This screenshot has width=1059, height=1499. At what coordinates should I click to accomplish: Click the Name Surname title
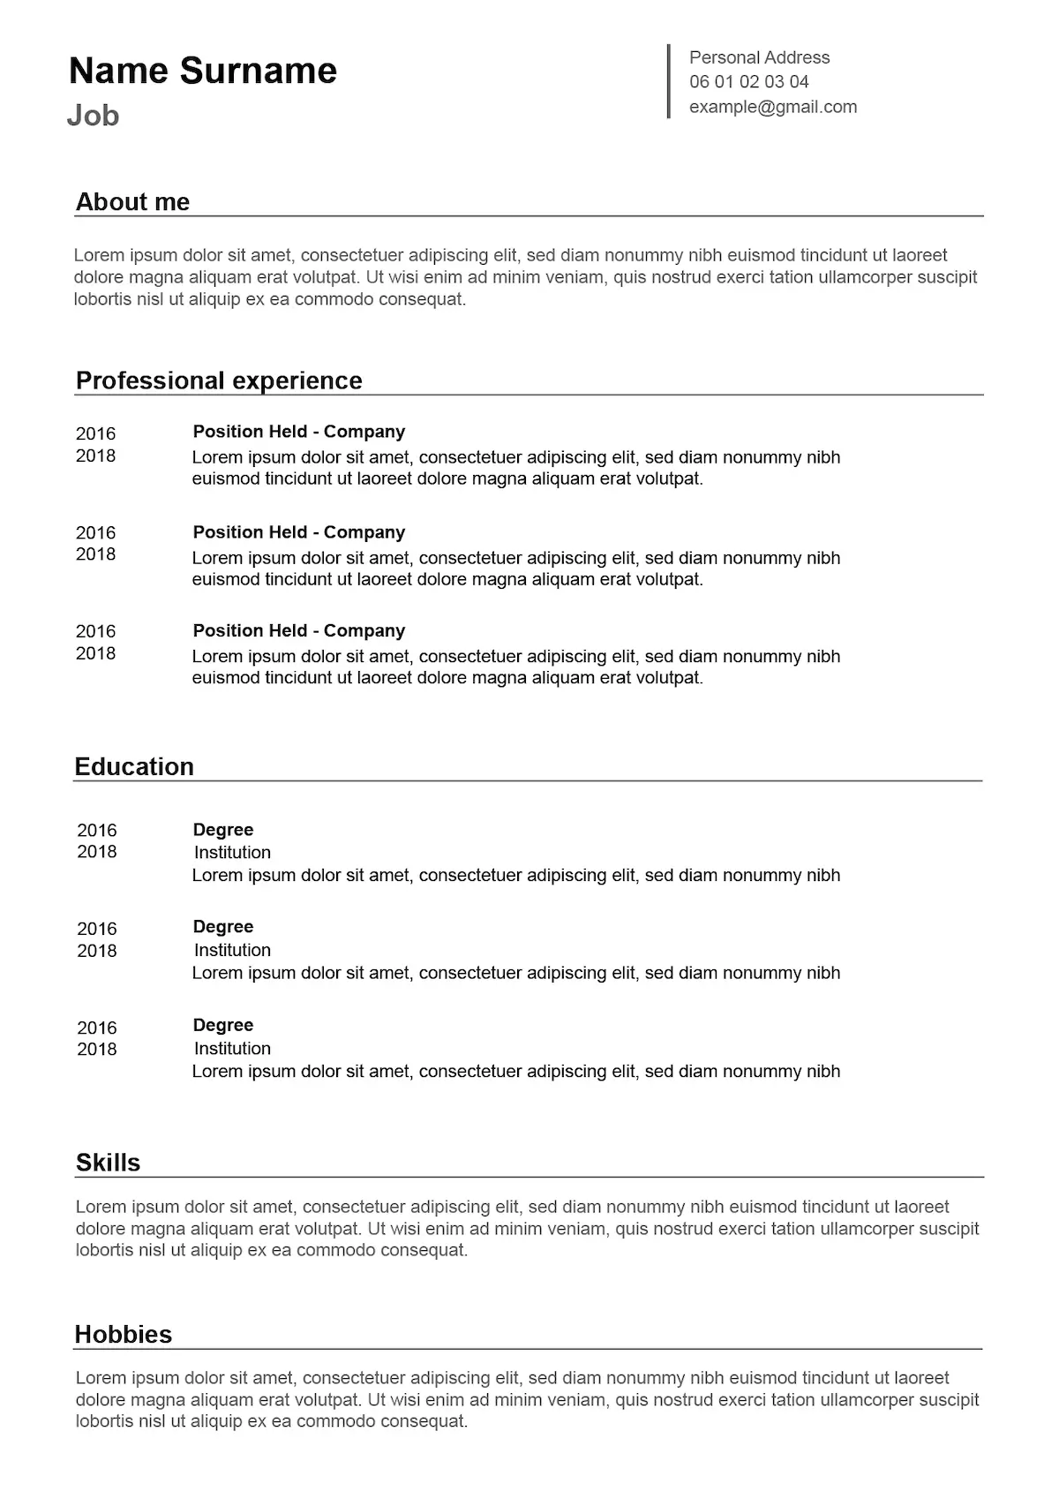[x=203, y=71]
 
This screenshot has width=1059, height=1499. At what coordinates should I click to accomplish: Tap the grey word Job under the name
[x=93, y=116]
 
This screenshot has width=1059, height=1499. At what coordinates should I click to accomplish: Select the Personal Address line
[x=759, y=57]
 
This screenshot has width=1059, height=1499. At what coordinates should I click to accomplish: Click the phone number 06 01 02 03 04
[x=748, y=82]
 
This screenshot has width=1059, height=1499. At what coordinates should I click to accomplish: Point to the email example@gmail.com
[x=772, y=107]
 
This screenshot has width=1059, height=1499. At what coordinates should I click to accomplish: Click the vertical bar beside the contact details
[x=669, y=81]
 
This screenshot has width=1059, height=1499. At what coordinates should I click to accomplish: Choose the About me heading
[x=132, y=202]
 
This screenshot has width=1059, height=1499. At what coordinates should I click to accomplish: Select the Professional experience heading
[x=219, y=380]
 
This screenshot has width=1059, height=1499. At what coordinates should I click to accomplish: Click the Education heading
[x=134, y=766]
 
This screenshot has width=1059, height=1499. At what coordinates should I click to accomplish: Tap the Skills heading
[x=108, y=1163]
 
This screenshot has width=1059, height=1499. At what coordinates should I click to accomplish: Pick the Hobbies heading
[x=123, y=1334]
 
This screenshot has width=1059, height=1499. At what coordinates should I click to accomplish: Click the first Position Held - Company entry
[x=298, y=432]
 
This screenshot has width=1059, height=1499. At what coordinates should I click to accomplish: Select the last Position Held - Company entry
[x=298, y=630]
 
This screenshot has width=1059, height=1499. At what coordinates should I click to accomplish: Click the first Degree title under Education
[x=222, y=830]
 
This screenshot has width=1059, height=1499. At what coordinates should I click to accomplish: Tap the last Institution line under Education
[x=232, y=1049]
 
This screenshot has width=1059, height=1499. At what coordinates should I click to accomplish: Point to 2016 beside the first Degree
[x=96, y=830]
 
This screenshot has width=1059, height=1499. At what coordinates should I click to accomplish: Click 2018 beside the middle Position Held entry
[x=95, y=554]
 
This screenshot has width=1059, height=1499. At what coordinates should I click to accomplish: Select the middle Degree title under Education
[x=222, y=927]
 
